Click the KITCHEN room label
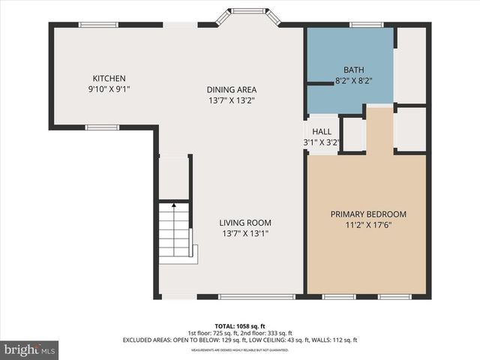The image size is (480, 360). click(109, 79)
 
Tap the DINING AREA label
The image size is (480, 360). click(232, 90)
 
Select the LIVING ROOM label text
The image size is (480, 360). click(244, 223)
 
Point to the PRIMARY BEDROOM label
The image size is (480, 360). click(368, 214)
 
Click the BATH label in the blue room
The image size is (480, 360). click(353, 70)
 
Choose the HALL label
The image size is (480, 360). click(321, 131)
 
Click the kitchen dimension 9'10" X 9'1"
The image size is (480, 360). click(109, 89)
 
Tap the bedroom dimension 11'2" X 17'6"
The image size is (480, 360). click(368, 224)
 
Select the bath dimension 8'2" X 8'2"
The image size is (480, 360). click(353, 80)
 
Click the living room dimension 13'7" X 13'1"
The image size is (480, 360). click(244, 233)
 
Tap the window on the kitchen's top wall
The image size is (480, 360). click(98, 25)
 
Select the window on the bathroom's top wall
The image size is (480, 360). click(367, 25)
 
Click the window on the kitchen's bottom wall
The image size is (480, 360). click(102, 127)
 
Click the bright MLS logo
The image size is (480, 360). click(30, 349)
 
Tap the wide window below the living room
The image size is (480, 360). click(256, 297)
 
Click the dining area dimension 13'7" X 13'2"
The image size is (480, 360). click(232, 100)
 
